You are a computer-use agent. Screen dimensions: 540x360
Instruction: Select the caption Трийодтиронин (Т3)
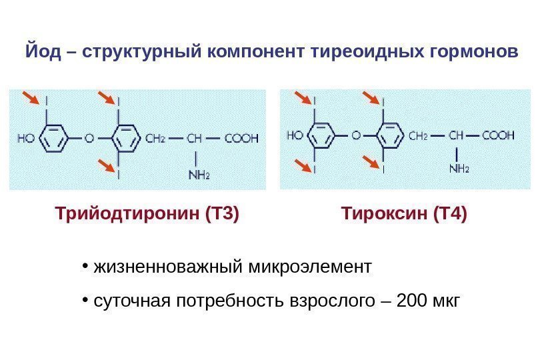coord(147,215)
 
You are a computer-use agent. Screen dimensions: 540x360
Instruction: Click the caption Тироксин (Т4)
coord(404,215)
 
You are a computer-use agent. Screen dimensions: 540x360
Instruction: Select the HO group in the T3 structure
coord(26,139)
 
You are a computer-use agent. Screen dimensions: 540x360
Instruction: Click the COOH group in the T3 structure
coord(241,139)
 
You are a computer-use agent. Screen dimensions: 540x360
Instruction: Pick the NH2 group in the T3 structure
coord(199,175)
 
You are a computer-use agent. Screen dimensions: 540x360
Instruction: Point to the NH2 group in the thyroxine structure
coord(459,169)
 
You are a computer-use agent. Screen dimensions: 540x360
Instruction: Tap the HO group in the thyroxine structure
coord(295,135)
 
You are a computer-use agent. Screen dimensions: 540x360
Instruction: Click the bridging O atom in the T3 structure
coord(89,139)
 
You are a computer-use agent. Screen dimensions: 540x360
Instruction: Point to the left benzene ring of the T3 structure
coord(53,139)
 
